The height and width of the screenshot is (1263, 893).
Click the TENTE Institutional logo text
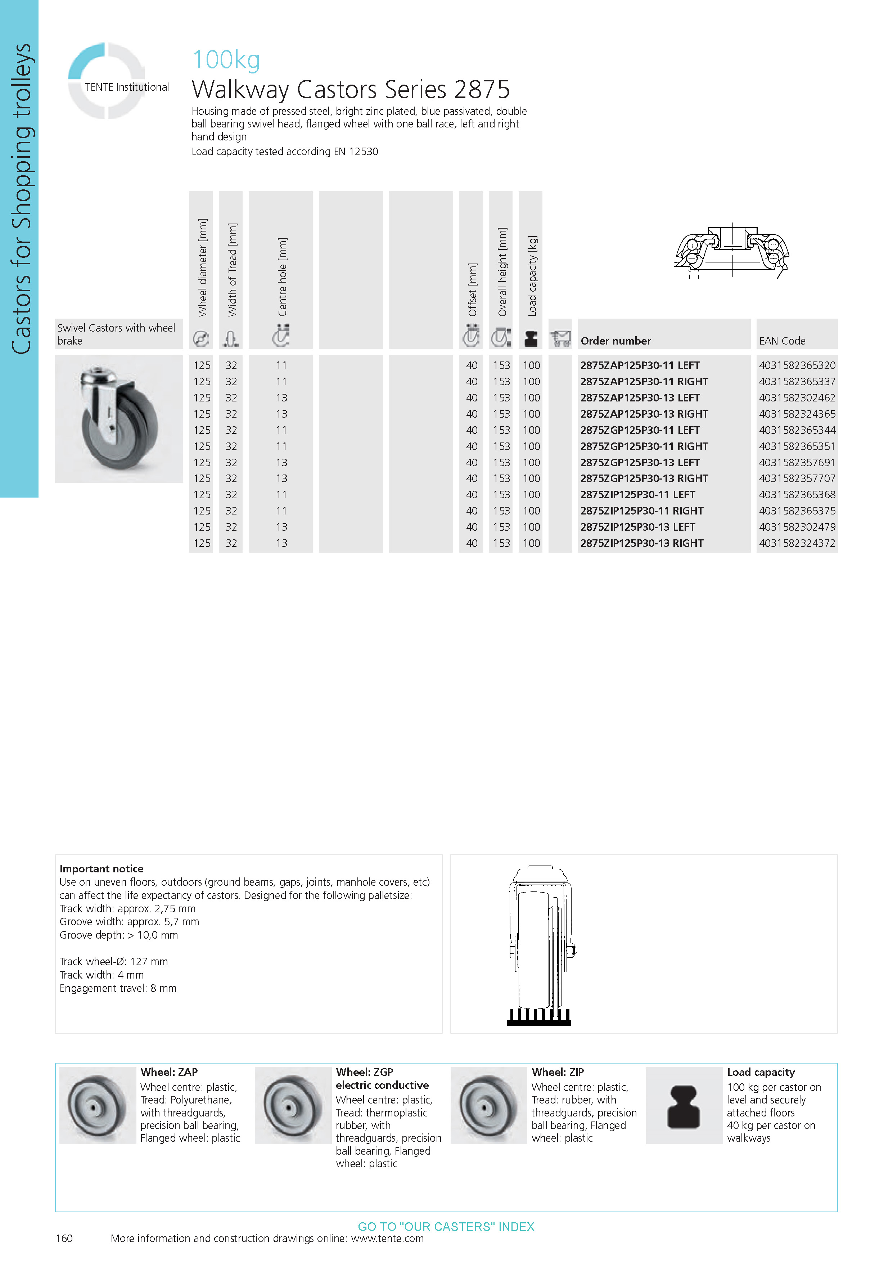pyautogui.click(x=126, y=87)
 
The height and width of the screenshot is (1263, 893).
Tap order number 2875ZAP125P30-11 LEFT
pyautogui.click(x=640, y=365)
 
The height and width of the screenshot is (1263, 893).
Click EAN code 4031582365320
pyautogui.click(x=797, y=365)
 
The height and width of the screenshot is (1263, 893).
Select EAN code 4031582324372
pyautogui.click(x=797, y=544)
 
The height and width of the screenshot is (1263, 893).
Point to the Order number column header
pyautogui.click(x=615, y=341)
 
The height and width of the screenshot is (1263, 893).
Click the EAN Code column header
pyautogui.click(x=782, y=341)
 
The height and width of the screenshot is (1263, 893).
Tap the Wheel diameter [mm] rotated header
pyautogui.click(x=202, y=268)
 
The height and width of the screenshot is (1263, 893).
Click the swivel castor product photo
pyautogui.click(x=119, y=419)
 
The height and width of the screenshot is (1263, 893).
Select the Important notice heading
pyautogui.click(x=101, y=869)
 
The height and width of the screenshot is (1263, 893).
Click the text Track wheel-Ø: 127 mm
pyautogui.click(x=113, y=962)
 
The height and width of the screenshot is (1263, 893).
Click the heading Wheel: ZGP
pyautogui.click(x=365, y=1072)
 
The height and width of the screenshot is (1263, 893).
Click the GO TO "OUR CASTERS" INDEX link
pyautogui.click(x=446, y=1227)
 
